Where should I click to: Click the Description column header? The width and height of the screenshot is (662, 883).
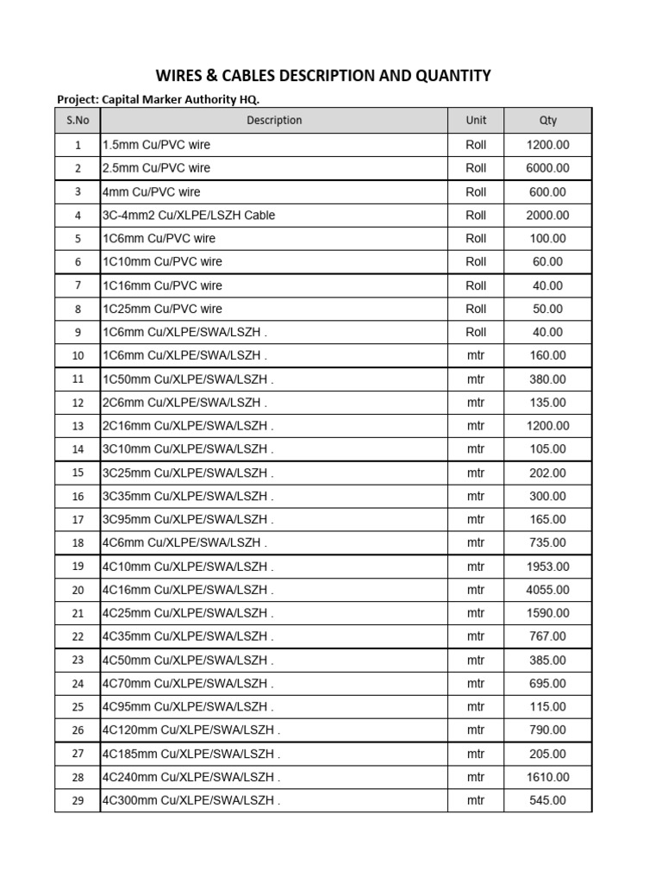tap(274, 121)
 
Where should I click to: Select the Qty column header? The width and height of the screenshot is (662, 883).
tap(547, 121)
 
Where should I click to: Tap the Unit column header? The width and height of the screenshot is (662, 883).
tap(476, 121)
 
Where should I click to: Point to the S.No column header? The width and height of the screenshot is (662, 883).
tap(78, 121)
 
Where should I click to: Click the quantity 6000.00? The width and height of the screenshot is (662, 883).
tap(547, 168)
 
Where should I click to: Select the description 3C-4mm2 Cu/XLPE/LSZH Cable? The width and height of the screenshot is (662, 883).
tap(189, 216)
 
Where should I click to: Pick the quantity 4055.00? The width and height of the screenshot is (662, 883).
tap(547, 590)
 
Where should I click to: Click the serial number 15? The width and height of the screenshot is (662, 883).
tap(78, 473)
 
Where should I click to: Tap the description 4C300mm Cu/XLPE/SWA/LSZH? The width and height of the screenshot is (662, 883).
tap(190, 800)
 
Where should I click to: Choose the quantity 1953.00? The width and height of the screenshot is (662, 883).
tap(547, 567)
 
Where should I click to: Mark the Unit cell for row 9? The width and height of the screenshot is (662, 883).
tap(476, 332)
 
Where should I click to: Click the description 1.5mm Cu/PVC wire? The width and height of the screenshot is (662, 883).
tap(156, 145)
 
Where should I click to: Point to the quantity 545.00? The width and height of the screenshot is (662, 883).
tap(547, 800)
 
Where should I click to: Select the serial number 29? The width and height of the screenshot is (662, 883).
tap(78, 800)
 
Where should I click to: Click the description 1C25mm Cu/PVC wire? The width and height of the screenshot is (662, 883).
tap(162, 309)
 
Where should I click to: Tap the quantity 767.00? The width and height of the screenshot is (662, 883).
tap(547, 636)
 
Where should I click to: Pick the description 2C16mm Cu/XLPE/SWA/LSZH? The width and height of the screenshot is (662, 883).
tap(187, 426)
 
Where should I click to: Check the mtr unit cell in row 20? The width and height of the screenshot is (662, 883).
tap(476, 590)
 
